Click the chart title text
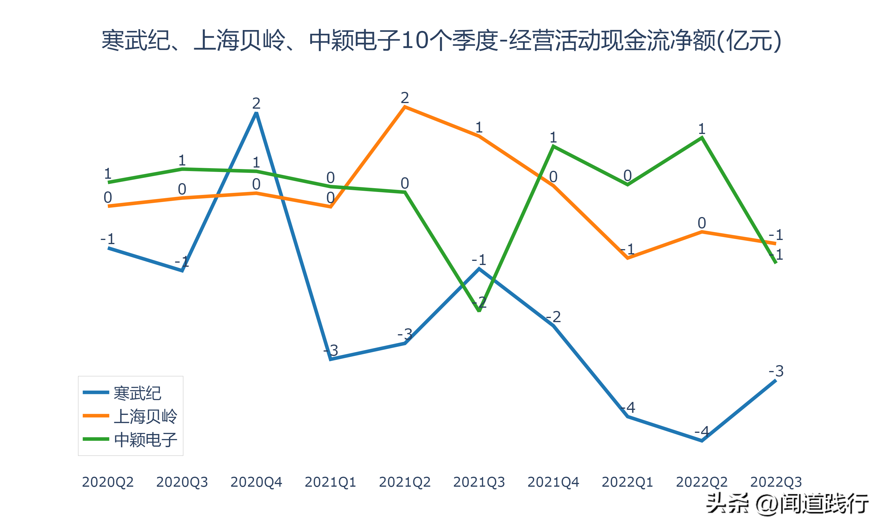pyautogui.click(x=441, y=40)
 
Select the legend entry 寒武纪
pyautogui.click(x=137, y=393)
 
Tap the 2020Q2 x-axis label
pyautogui.click(x=108, y=482)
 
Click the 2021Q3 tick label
pyautogui.click(x=479, y=482)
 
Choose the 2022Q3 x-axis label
pyautogui.click(x=776, y=482)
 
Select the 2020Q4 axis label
pyautogui.click(x=256, y=482)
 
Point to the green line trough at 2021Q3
pyautogui.click(x=479, y=311)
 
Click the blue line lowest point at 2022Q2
pyautogui.click(x=702, y=441)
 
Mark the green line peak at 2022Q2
pyautogui.click(x=702, y=138)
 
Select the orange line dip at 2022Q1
pyautogui.click(x=627, y=258)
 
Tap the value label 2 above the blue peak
pyautogui.click(x=256, y=104)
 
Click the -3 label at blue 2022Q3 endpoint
pyautogui.click(x=776, y=371)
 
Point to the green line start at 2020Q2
pyautogui.click(x=108, y=183)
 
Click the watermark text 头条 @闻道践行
pyautogui.click(x=787, y=504)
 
